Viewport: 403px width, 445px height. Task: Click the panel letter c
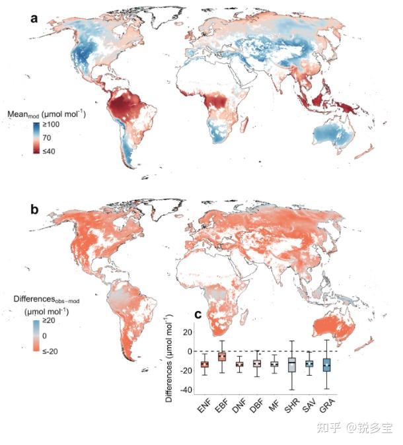click(215, 314)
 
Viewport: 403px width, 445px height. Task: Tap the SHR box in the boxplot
click(291, 365)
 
